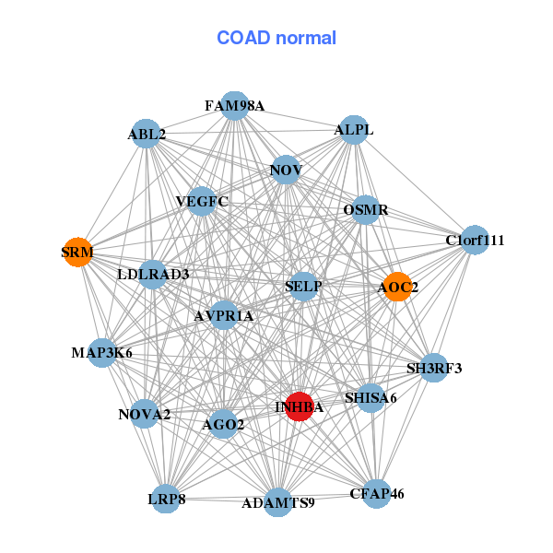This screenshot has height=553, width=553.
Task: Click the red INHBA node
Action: (x=299, y=406)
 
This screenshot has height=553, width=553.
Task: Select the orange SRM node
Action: (x=77, y=252)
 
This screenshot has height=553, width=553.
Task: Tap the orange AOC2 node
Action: (x=397, y=288)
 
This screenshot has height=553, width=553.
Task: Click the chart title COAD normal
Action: (x=276, y=38)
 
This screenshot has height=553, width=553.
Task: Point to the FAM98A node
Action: (x=235, y=106)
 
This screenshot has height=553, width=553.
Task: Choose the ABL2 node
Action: (x=147, y=135)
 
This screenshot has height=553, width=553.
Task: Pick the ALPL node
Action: (x=354, y=130)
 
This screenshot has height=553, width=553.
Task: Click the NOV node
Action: (x=286, y=170)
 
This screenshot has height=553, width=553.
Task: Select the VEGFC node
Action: (x=201, y=201)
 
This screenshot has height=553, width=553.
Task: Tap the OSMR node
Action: (x=366, y=210)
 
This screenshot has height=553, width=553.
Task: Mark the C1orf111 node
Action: (x=475, y=241)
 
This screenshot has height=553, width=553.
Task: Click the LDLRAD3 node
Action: (x=153, y=274)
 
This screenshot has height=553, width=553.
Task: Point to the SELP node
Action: (x=303, y=287)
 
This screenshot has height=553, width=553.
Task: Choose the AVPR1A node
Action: (x=224, y=316)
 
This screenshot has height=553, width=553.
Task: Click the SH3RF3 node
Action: (x=434, y=369)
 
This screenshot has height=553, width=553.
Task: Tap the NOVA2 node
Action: (x=145, y=415)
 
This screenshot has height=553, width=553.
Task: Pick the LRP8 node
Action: (x=167, y=499)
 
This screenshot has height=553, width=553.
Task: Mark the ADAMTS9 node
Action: (x=278, y=502)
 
